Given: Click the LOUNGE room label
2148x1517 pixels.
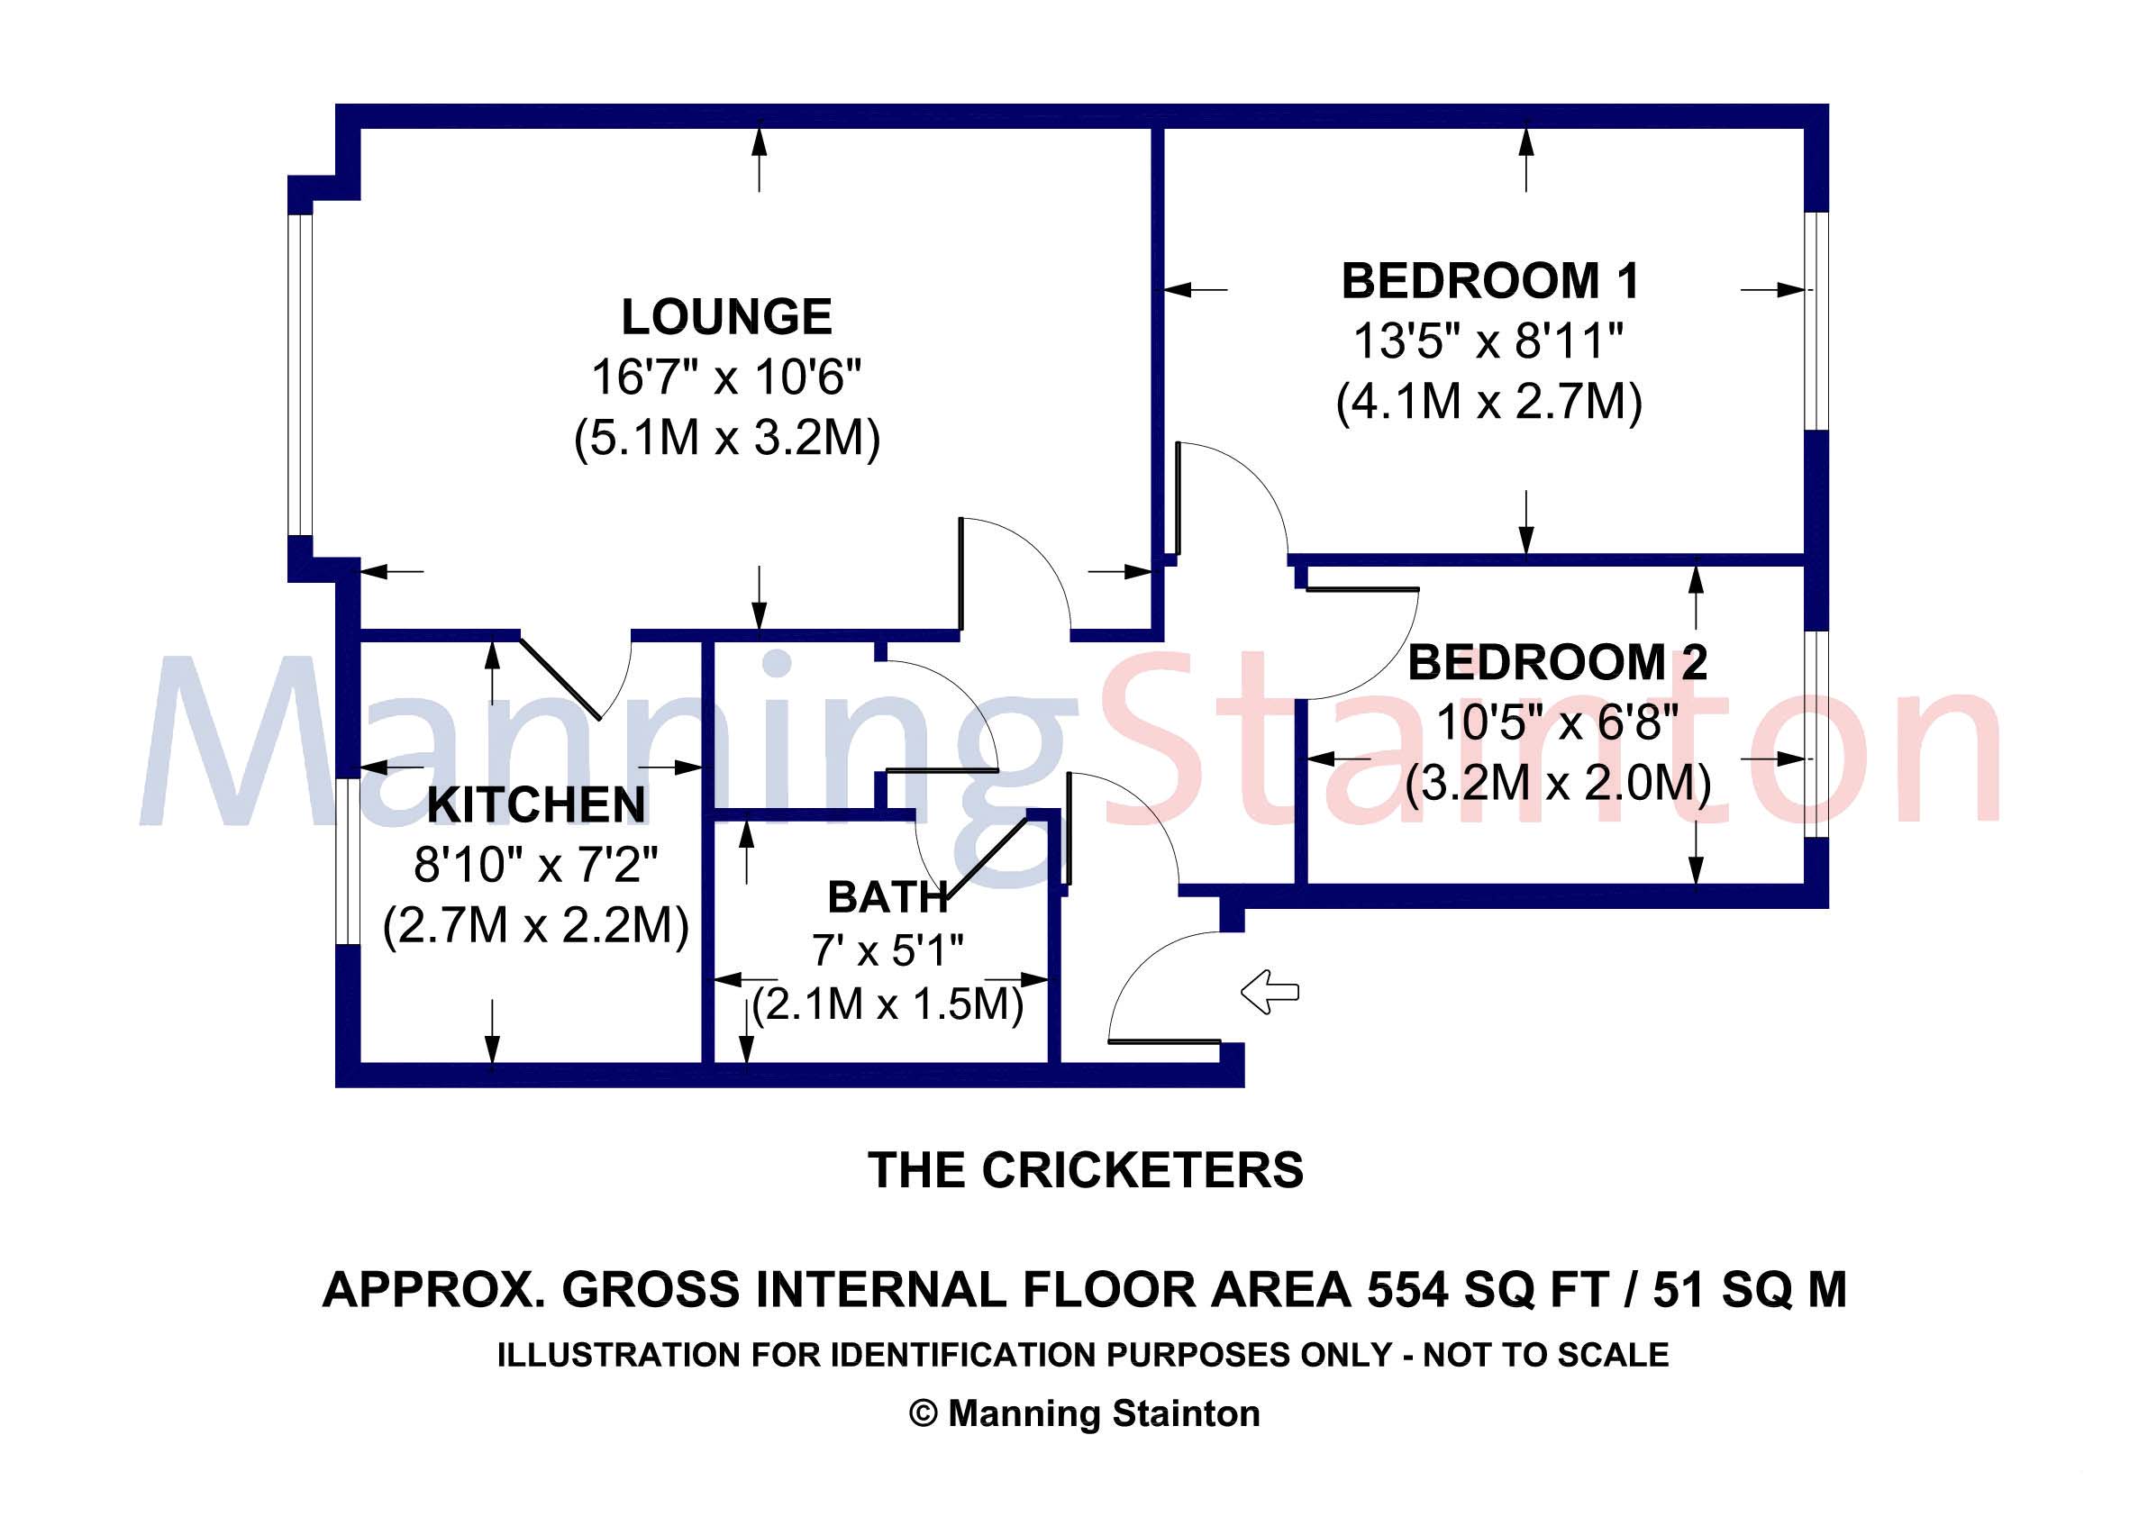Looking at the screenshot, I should (x=727, y=317).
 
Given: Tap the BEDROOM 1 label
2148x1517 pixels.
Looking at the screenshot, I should (x=1490, y=282).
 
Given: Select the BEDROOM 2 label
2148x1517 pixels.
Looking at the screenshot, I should (x=1558, y=663).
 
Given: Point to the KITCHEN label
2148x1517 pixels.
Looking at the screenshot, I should (x=536, y=805).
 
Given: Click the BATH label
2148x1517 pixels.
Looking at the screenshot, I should (x=887, y=898).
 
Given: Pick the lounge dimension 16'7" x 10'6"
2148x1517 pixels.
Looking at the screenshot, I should (x=726, y=377).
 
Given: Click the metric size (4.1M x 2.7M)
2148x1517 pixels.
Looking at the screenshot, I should (x=1489, y=402).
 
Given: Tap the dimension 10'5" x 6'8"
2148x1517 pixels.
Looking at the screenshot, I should (x=1558, y=723).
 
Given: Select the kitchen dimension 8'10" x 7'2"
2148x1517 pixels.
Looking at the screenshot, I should (x=536, y=865).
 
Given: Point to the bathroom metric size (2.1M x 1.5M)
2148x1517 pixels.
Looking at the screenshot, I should (x=887, y=1005).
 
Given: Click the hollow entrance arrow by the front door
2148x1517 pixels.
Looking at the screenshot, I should (x=1270, y=992).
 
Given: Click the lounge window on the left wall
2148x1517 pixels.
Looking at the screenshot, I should (x=299, y=375).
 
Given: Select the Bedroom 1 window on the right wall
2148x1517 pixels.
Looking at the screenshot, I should (x=1816, y=321).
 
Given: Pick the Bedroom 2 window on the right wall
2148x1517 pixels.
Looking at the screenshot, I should (x=1816, y=734).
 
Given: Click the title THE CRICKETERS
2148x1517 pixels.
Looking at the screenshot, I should (x=1085, y=1171).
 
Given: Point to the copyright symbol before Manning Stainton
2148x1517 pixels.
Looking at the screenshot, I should (x=924, y=1413).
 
